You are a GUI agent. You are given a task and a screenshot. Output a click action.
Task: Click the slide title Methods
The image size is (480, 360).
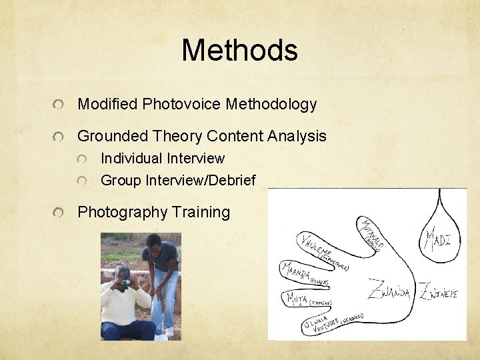[239, 51]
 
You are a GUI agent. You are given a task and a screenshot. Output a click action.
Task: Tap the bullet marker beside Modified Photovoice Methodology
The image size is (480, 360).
[61, 105]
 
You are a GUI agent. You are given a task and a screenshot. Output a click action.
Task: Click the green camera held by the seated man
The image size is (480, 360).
[125, 283]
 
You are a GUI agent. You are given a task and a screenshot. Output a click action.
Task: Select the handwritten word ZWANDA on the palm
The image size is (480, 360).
[389, 291]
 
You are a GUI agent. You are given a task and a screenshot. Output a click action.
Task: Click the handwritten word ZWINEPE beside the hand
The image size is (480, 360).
[438, 291]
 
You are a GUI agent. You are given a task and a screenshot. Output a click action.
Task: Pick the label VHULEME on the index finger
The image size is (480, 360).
[315, 246]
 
